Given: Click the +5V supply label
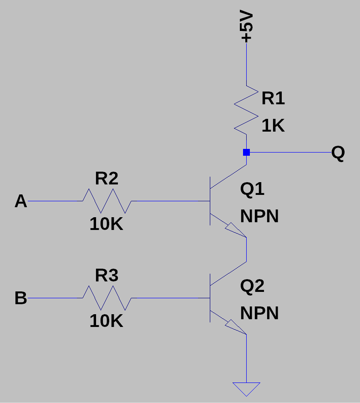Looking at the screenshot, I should pos(246,27).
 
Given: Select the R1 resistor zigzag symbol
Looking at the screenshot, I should pos(246,109).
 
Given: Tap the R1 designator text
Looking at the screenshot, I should pos(273,98).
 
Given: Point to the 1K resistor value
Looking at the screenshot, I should pos(273,126).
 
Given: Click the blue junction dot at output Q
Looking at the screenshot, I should pos(246,152).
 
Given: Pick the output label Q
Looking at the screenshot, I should pos(338,153).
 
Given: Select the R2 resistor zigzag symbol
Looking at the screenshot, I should pos(107,201).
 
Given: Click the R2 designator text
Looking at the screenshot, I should pos(106,179).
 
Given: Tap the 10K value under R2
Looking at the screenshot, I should pos(106,224).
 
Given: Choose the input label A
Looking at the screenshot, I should pos(21,201).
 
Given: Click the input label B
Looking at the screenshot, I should pos(21,298).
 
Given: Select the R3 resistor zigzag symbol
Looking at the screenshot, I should pos(107,298).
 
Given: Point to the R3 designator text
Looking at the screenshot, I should pos(106,276).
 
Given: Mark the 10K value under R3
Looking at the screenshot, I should pos(106,321).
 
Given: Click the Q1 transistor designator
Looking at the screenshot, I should pos(252,189).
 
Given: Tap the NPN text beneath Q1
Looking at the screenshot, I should pos(259,216).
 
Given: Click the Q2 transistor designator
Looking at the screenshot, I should pos(252,286).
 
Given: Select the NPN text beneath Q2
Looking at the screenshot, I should pos(259,313).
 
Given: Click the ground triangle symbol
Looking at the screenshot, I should pos(246,388).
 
